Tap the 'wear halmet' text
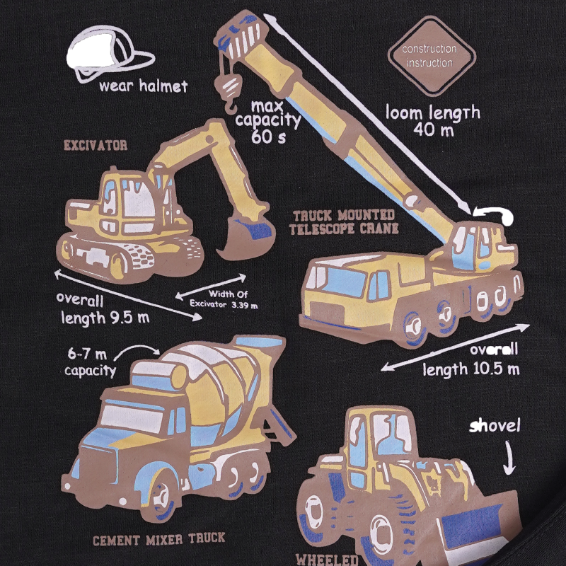[x=144, y=86]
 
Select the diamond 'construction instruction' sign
[x=432, y=56]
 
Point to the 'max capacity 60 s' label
[x=268, y=122]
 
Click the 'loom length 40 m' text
[x=433, y=121]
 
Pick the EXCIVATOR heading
[x=96, y=146]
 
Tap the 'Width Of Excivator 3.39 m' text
[x=224, y=299]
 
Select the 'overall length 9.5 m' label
[x=103, y=309]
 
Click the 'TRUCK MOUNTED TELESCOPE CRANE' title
[x=344, y=222]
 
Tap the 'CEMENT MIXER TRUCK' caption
[x=158, y=539]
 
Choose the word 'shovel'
[x=495, y=426]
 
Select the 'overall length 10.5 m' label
[x=471, y=359]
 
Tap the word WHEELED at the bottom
[x=327, y=560]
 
